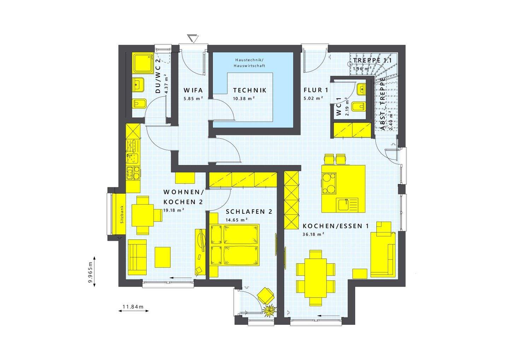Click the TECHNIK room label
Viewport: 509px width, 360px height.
250,90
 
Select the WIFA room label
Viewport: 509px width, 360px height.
193,90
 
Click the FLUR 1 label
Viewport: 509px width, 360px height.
316,90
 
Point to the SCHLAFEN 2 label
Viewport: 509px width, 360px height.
249,212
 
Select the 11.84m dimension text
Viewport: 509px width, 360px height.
133,307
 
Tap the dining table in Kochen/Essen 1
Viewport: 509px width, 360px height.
315,276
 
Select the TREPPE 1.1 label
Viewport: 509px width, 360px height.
372,60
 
